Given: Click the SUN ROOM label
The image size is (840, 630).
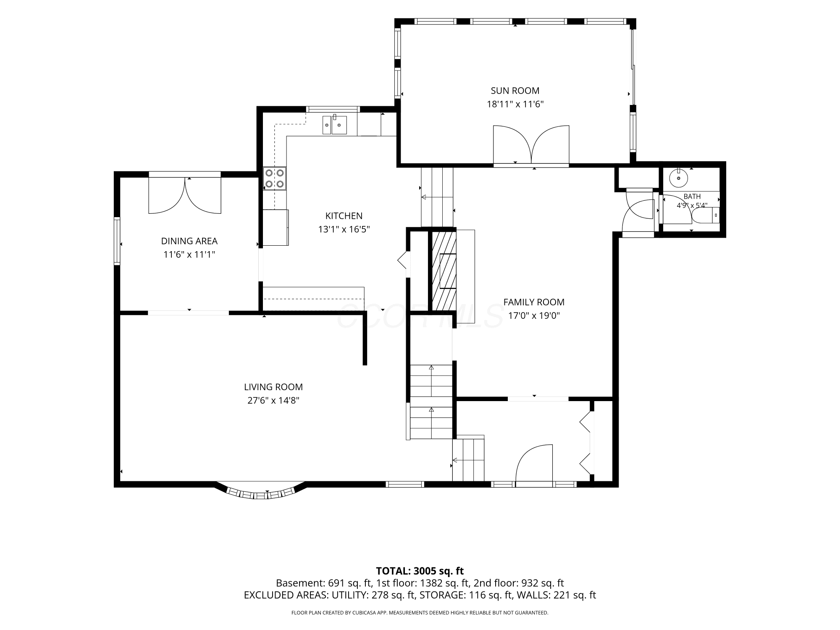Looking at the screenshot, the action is (x=515, y=91).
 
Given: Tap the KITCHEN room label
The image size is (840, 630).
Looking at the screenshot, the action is (x=344, y=216).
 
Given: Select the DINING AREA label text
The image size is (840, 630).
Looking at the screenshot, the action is (x=189, y=241).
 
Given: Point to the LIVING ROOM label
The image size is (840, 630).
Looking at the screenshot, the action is (x=273, y=387).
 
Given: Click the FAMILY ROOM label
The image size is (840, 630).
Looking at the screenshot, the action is (x=534, y=302).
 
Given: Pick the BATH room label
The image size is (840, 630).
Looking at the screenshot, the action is (x=692, y=197).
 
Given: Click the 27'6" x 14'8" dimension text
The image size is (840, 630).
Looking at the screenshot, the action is (x=273, y=401).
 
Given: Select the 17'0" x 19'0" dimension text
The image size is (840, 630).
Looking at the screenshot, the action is (x=534, y=316).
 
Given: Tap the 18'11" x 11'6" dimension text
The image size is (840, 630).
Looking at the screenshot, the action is (x=515, y=104).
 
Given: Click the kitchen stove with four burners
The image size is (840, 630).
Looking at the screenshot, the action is (x=275, y=178).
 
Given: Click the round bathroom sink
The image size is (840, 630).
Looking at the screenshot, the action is (x=679, y=178).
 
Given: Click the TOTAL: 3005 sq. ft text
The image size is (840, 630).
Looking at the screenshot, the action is (x=420, y=571).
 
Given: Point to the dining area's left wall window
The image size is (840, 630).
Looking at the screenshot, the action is (x=117, y=241).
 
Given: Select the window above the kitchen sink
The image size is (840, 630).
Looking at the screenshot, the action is (x=333, y=109).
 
